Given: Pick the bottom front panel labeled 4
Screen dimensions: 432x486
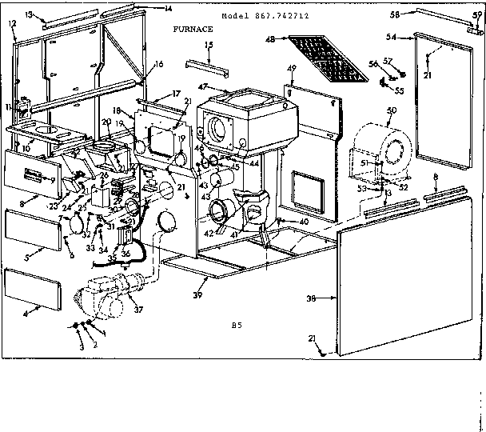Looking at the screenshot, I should click(32, 289).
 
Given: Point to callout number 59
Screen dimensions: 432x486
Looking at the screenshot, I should click(478, 15).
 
